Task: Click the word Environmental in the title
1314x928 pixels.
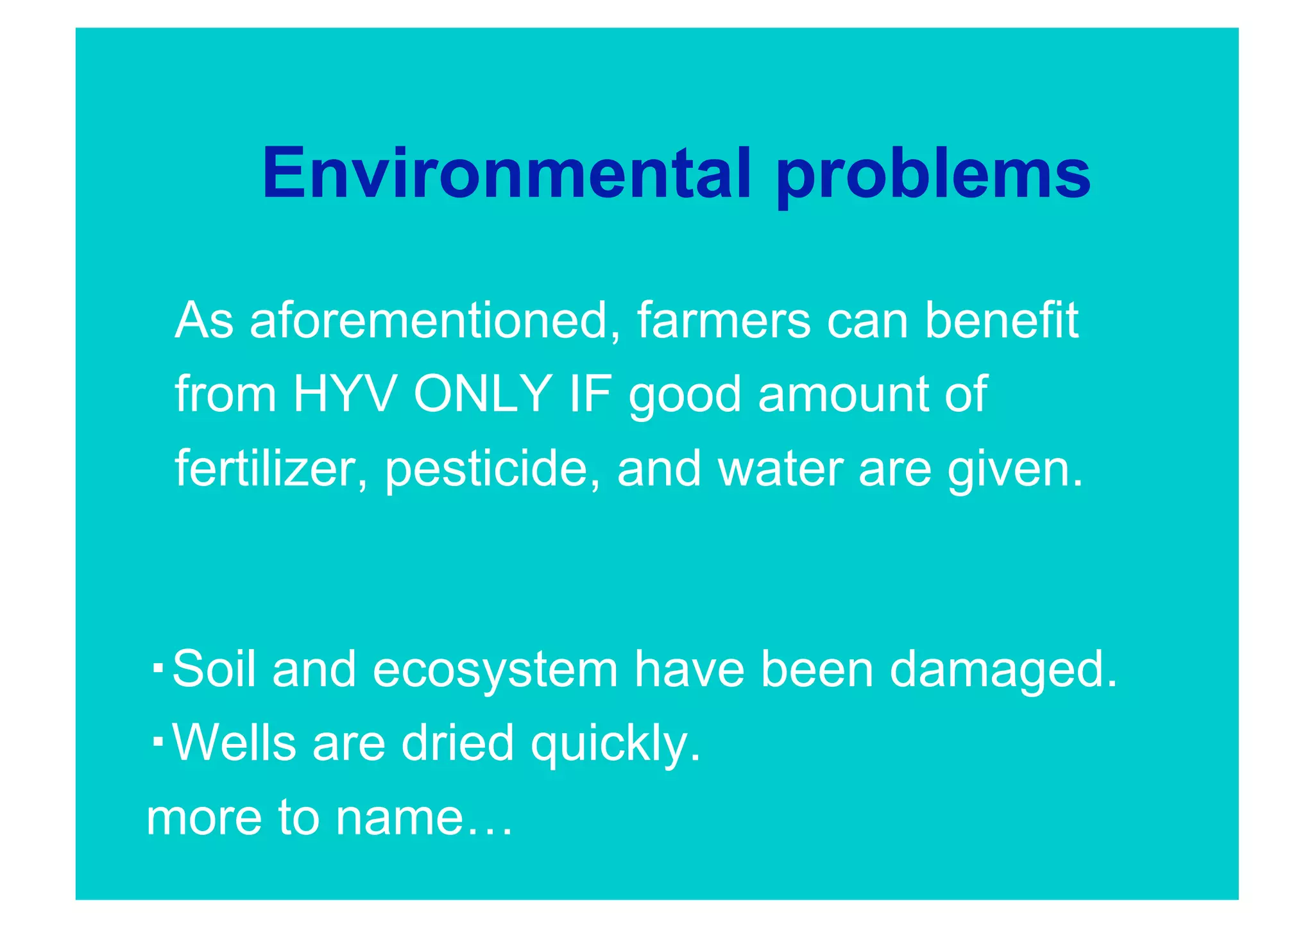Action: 507,173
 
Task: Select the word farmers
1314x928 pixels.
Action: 723,320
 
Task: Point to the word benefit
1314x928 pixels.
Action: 1001,320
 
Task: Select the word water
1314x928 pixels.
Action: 780,468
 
